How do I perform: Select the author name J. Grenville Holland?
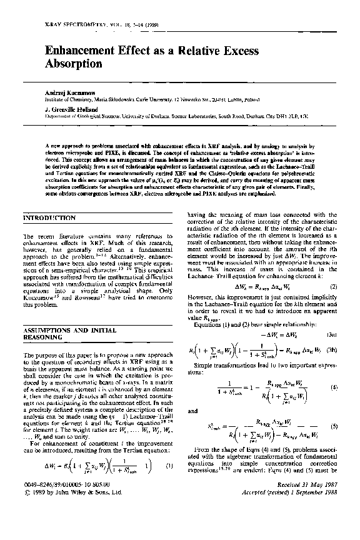coord(71,109)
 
